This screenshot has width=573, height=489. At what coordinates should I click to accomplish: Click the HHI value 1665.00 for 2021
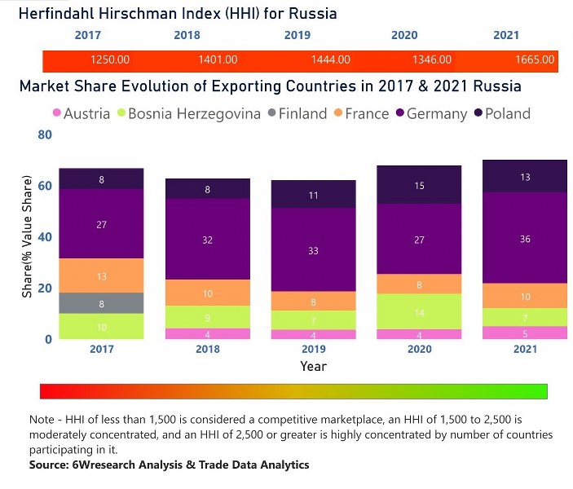535,60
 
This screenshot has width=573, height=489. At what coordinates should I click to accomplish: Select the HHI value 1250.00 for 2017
110,60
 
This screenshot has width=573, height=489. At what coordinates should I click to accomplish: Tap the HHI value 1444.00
332,60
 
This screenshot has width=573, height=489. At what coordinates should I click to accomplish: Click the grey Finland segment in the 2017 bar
101,303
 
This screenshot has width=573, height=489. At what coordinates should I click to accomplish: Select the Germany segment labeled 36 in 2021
525,238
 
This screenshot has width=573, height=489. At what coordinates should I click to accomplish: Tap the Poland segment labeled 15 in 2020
418,185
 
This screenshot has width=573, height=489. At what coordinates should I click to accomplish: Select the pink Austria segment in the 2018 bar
207,333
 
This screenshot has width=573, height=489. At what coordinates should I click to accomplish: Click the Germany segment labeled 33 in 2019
313,249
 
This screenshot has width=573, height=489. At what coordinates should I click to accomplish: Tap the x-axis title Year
313,367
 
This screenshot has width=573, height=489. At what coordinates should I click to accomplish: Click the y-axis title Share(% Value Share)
27,236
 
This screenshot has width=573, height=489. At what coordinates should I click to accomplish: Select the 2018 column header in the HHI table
187,36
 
